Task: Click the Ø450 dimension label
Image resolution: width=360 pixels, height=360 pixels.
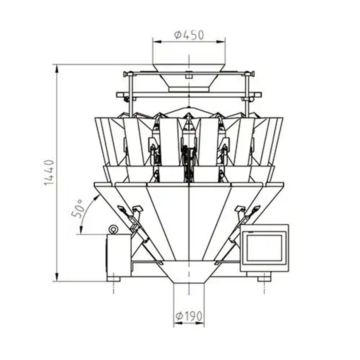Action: point(188,35)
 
